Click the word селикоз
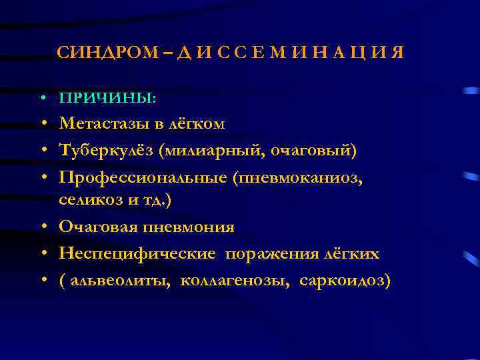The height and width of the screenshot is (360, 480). pyautogui.click(x=84, y=199)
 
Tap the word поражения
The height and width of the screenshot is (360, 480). pyautogui.click(x=267, y=254)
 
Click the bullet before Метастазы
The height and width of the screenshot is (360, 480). pyautogui.click(x=42, y=124)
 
